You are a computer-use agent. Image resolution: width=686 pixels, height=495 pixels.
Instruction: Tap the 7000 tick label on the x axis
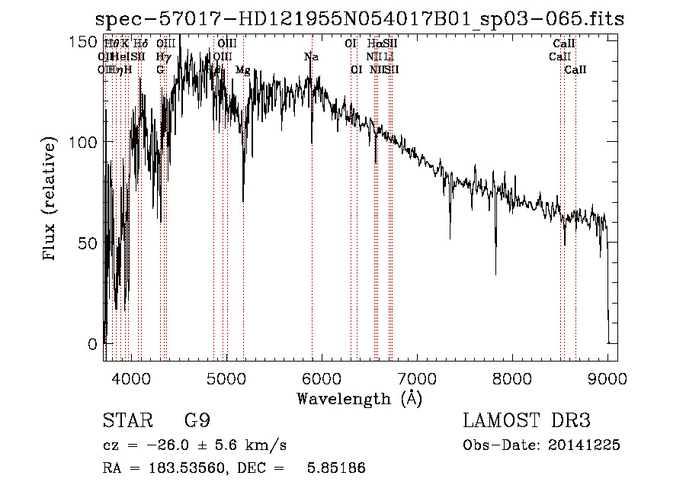pos(416,378)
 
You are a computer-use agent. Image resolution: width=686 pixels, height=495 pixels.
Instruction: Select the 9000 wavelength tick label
pos(607,378)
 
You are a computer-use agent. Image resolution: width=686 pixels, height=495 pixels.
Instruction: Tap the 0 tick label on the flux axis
pos(93,344)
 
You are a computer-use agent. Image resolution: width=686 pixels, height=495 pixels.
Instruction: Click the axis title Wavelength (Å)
pos(359,398)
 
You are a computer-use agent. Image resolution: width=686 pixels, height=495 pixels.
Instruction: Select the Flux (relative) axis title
pos(51,201)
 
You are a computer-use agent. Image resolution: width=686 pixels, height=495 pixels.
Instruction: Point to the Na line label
pos(311,56)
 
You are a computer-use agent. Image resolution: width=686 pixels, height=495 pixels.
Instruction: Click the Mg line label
pos(243,70)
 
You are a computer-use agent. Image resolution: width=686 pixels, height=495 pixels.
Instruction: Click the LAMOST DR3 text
pos(527,421)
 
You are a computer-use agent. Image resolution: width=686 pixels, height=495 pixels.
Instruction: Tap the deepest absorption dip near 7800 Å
pos(495,272)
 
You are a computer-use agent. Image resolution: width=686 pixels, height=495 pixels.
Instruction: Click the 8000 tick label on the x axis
pos(511,378)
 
